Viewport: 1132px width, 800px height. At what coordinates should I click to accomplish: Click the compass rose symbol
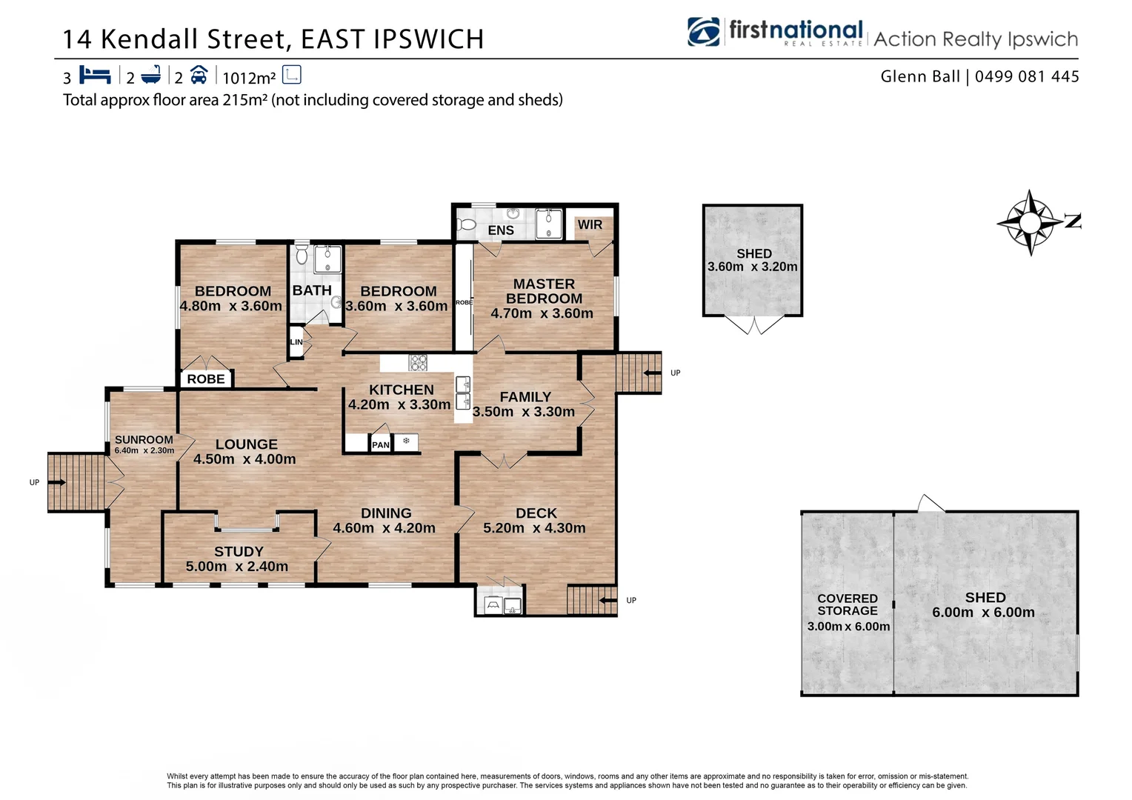1030,222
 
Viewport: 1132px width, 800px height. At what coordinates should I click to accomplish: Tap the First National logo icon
704,32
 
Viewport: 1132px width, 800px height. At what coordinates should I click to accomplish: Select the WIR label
590,224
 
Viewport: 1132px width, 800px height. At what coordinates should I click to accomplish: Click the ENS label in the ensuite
501,230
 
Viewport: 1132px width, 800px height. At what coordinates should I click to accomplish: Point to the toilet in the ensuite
466,224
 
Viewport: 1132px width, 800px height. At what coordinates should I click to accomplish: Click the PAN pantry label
381,444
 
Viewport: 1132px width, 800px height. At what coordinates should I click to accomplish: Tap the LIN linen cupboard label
296,342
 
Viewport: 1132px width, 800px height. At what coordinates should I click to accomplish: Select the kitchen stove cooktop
419,362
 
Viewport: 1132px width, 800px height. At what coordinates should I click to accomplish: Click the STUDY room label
239,552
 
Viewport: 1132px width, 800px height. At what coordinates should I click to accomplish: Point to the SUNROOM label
144,440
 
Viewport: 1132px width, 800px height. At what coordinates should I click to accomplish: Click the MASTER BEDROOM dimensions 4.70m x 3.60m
542,313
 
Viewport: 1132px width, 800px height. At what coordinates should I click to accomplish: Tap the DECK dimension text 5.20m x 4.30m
534,528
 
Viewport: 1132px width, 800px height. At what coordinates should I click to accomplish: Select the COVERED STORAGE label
848,604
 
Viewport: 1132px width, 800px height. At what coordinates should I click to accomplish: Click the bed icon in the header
95,75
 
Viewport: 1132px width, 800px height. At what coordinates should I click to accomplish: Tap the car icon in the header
199,75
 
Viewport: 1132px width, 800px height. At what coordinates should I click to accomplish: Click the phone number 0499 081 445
1027,76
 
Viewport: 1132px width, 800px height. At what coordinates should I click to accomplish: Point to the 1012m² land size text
249,78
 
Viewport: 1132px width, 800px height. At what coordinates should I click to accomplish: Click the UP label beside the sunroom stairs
34,482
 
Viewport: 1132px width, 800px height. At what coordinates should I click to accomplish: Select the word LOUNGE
247,444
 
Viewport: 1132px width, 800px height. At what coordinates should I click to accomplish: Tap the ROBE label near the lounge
206,379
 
